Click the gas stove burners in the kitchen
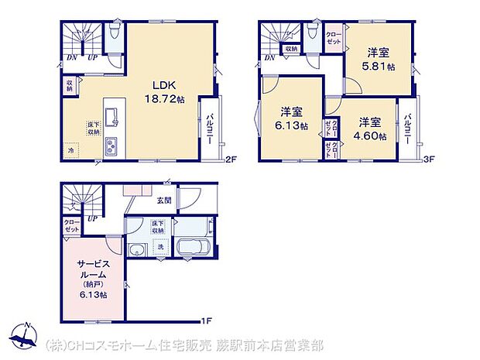pos(111,144)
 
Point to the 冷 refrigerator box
pos(71,149)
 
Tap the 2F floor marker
pos(230,160)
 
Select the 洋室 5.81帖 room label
pos(379,59)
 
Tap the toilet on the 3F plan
pos(311,33)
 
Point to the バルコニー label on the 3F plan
pos(407,126)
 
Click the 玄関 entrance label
pos(165,200)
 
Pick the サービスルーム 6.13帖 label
pos(91,279)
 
